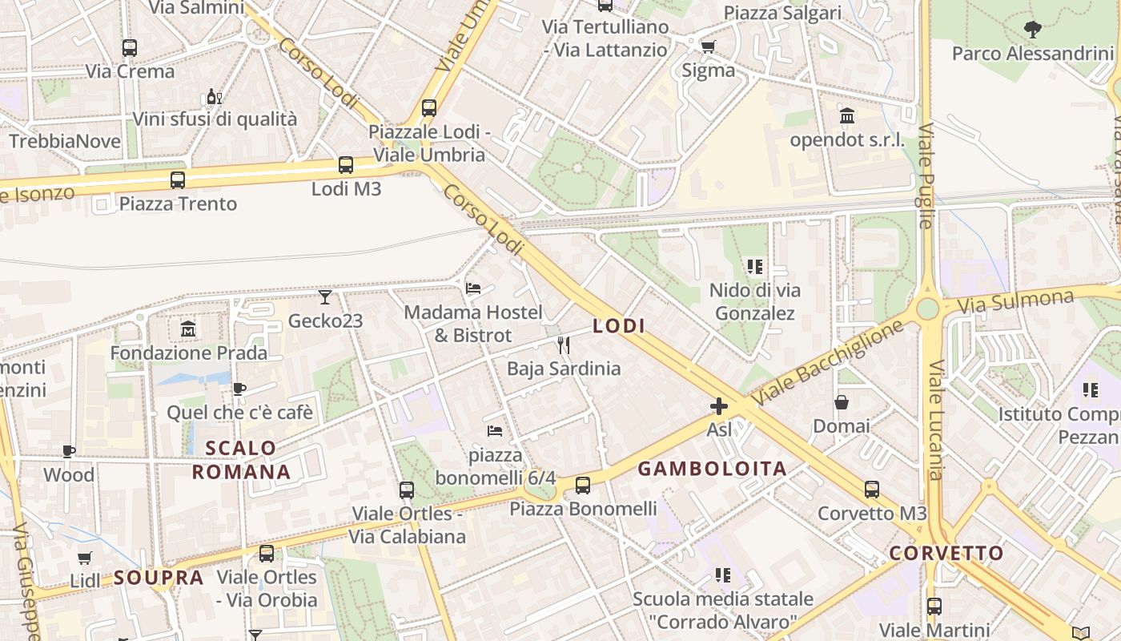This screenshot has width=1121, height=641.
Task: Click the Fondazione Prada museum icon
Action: tap(188, 329)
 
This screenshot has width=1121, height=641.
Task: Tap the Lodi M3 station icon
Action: tap(346, 165)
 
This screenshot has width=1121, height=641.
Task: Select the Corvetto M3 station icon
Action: tap(872, 489)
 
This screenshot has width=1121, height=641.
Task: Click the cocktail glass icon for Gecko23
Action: tap(324, 297)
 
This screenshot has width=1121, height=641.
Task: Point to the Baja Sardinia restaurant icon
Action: tap(564, 345)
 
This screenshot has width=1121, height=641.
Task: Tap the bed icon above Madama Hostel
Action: tap(473, 288)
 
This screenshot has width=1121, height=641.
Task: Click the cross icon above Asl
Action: tap(719, 406)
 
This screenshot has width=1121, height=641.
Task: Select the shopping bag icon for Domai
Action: tap(842, 402)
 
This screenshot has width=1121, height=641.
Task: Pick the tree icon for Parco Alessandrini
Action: tap(1033, 30)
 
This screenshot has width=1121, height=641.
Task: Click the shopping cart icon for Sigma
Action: tap(708, 46)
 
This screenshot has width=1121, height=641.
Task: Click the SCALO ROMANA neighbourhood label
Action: tap(241, 460)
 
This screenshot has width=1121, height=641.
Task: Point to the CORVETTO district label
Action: tap(946, 553)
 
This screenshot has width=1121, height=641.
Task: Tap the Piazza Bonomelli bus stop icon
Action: tap(583, 485)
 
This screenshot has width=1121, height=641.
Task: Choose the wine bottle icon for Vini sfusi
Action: tap(214, 96)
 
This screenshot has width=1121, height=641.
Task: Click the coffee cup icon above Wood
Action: tap(69, 451)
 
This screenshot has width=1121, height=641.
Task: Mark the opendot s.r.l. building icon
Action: tap(847, 116)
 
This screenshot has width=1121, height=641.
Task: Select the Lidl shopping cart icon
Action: tap(84, 558)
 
